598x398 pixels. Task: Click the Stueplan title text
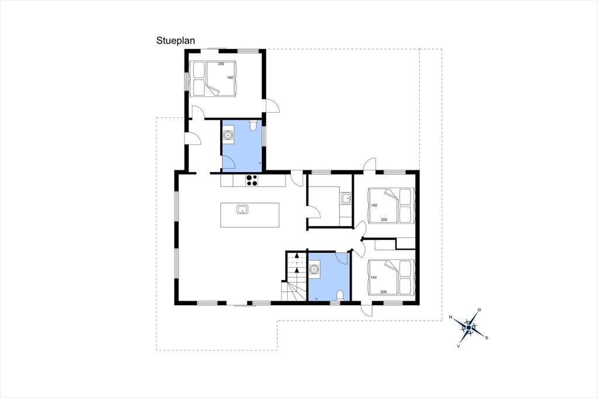click(175, 41)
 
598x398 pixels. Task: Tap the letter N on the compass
click(450, 317)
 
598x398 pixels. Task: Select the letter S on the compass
click(486, 337)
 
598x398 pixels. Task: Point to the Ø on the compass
click(479, 309)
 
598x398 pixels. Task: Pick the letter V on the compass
click(458, 346)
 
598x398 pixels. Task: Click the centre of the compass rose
click(469, 327)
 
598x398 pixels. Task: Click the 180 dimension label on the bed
click(230, 78)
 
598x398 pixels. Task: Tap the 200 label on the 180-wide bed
click(221, 64)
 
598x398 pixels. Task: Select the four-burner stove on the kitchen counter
click(251, 180)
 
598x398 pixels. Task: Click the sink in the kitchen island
click(242, 210)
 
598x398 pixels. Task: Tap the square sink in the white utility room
click(346, 198)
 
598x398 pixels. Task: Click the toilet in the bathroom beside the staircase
click(340, 295)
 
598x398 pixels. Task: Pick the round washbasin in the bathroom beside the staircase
click(314, 270)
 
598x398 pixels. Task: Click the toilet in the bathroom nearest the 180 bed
click(253, 125)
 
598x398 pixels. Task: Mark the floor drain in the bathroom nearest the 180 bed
click(260, 163)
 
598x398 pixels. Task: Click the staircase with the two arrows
click(294, 275)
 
